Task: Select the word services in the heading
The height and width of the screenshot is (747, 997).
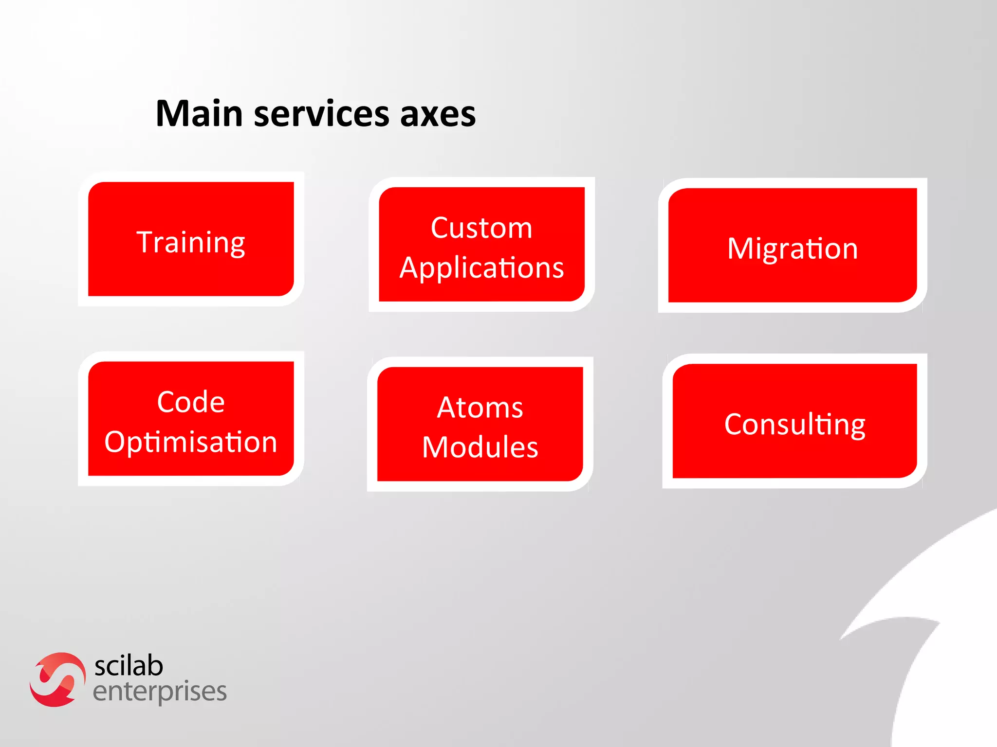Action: tap(321, 114)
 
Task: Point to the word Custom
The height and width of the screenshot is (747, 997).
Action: tap(481, 228)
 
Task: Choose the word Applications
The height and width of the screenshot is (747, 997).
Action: tap(481, 268)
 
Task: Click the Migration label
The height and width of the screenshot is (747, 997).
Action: tap(792, 249)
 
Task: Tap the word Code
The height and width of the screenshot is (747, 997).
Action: tap(191, 402)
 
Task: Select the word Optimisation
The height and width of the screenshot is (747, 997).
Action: tap(191, 442)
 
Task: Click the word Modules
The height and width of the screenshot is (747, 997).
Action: tap(480, 447)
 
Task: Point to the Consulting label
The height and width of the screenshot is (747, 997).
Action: tap(794, 424)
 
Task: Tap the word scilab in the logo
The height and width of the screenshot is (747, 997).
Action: tap(129, 666)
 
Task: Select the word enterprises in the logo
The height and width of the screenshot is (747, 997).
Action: tap(160, 692)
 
